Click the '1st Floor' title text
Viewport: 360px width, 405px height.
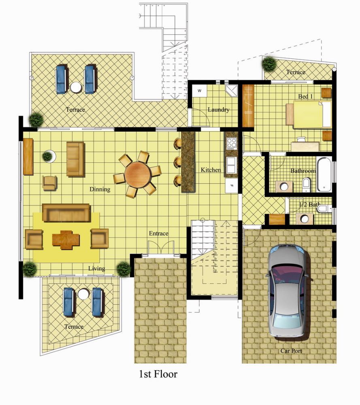pos(158,374)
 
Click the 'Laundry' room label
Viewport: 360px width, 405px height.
pos(219,109)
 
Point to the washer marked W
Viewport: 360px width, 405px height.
pos(199,91)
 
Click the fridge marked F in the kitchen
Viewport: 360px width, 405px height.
pos(231,185)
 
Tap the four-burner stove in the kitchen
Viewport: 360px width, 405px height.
pos(231,143)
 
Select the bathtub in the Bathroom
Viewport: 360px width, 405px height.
pos(324,174)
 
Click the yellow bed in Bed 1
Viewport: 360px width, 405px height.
pos(308,115)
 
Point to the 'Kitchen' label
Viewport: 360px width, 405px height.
pos(211,170)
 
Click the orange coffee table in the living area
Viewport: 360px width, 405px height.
pos(66,240)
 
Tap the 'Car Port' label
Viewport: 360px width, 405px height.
pos(291,351)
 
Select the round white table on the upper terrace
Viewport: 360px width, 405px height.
pos(76,87)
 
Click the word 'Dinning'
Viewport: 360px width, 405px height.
pos(100,189)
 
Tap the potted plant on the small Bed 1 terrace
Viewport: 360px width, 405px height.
pos(269,64)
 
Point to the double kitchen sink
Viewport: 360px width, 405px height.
pos(231,165)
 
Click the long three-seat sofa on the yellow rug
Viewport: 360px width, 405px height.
pos(66,213)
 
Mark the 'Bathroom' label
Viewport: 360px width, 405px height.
pos(303,171)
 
